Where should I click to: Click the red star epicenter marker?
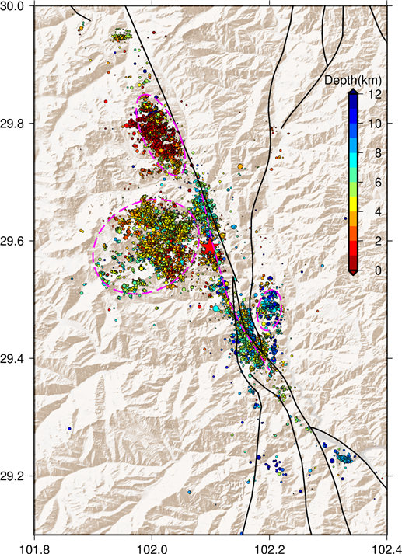209,246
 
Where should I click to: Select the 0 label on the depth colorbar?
369,270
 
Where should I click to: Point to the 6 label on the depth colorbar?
369,182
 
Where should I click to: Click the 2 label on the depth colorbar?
369,241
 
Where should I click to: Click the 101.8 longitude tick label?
34,545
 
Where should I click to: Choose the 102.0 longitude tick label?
152,545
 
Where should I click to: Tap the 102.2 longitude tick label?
269,545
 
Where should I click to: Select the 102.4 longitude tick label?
386,545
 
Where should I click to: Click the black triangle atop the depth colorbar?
353,91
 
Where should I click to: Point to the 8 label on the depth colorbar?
369,153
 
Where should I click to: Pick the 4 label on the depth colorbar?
369,211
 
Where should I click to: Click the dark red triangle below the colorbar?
353,273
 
